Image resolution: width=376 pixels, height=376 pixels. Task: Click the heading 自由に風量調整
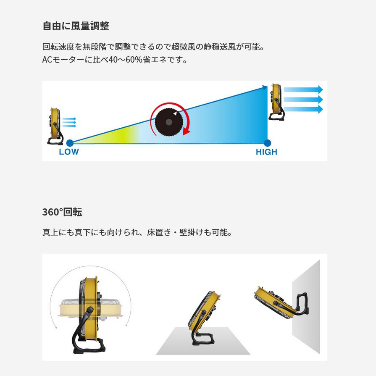[x=76, y=26]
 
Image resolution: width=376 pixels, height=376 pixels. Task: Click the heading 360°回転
[x=62, y=212]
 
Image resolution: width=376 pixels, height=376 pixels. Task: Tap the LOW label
[x=68, y=152]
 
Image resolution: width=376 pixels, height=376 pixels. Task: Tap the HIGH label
[x=266, y=152]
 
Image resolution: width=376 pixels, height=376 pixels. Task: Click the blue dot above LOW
[x=70, y=143]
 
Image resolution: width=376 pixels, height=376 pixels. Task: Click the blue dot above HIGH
[x=268, y=143]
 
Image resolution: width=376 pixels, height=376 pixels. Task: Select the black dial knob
[x=169, y=121]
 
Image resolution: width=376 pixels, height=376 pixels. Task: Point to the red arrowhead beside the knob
[x=186, y=132]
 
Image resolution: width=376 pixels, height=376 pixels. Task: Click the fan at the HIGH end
[x=276, y=102]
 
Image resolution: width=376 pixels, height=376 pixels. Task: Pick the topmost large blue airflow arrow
[x=303, y=90]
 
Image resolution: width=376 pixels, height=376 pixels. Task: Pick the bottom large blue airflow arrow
[x=303, y=109]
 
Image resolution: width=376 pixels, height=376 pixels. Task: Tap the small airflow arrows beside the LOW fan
[x=69, y=122]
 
